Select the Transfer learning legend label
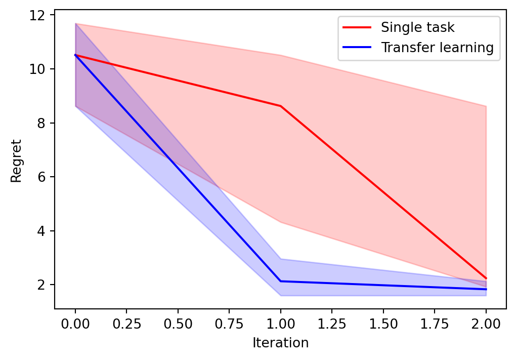click(437, 48)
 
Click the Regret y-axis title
click(16, 161)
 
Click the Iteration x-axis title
click(281, 343)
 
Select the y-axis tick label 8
click(45, 123)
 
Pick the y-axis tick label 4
click(45, 231)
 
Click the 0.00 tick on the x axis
click(75, 323)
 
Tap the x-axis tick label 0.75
click(229, 323)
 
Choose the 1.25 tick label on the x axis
click(332, 323)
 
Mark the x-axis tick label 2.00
click(486, 323)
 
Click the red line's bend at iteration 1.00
click(281, 106)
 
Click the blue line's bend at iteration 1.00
click(281, 281)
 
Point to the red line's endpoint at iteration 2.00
click(486, 278)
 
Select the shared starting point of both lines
click(75, 55)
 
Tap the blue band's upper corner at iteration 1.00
click(281, 259)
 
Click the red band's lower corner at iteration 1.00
click(281, 222)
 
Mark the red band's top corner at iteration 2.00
click(486, 106)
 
